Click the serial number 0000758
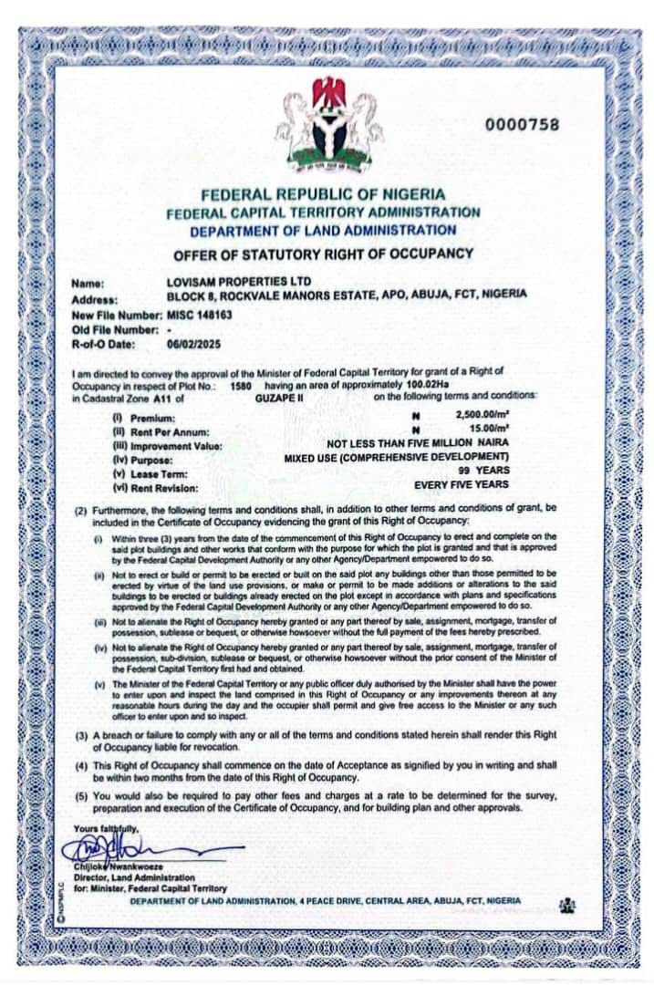point(523,125)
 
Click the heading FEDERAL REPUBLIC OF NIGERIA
point(323,194)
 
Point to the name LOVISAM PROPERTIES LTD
point(230,283)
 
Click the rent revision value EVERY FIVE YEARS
point(462,484)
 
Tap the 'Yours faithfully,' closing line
point(109,827)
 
